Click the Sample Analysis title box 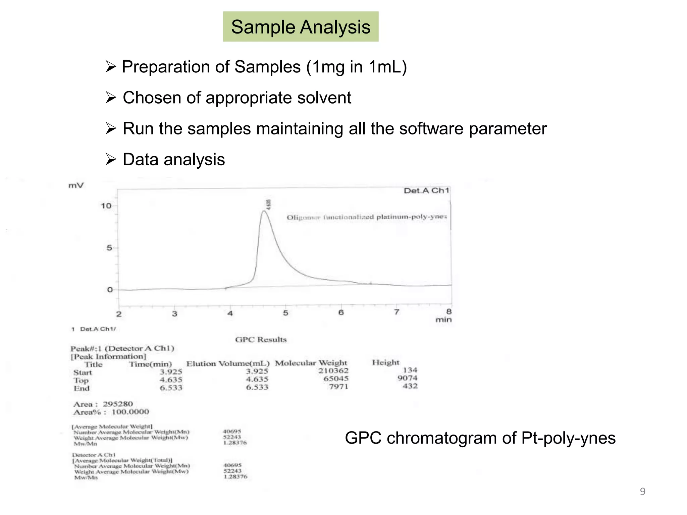pos(301,27)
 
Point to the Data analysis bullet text pos(174,160)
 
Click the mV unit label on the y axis pos(76,185)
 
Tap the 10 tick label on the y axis pos(106,206)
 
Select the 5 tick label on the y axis pos(109,248)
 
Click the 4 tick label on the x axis pos(230,313)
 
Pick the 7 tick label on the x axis pos(397,312)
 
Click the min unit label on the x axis pos(443,320)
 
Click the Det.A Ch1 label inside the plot pos(426,191)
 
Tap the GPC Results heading pos(261,340)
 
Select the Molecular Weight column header pos(311,363)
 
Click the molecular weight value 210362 pos(333,371)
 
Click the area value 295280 pos(118,404)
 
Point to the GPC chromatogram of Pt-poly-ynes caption pos(480,438)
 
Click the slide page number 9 pos(642,492)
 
